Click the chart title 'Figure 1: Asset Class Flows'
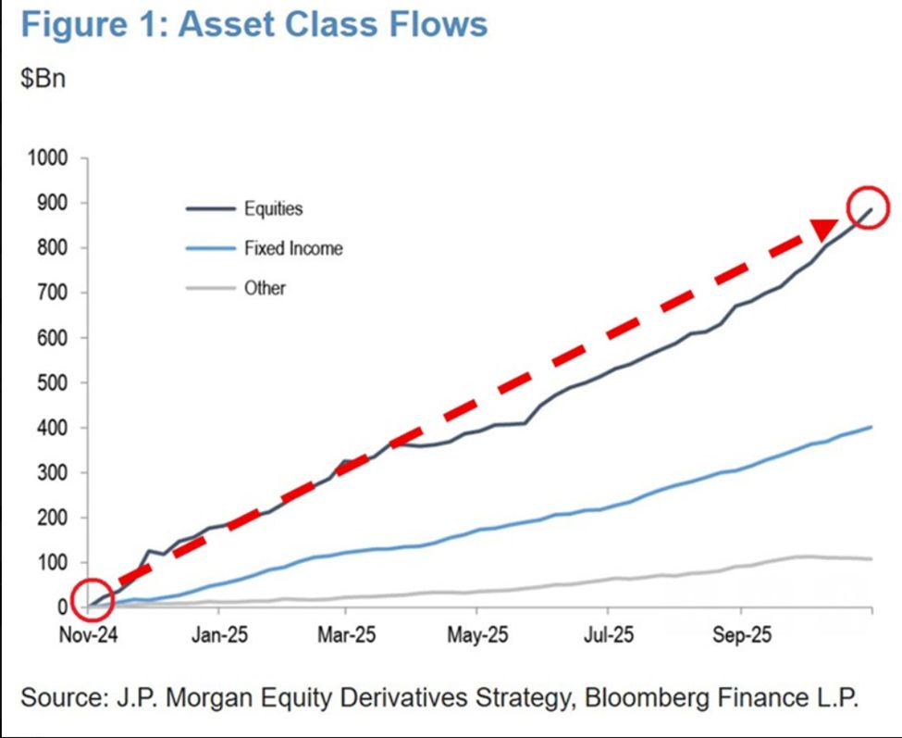(x=254, y=25)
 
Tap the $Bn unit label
(x=43, y=78)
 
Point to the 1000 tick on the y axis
(x=49, y=158)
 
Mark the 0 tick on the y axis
(x=63, y=607)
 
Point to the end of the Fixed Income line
(x=871, y=427)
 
